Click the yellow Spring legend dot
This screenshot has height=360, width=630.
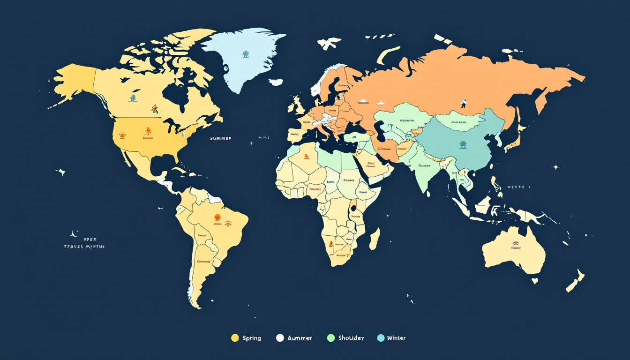[235, 338]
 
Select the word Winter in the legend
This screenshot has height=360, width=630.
[396, 338]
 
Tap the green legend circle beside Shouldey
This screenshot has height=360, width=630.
[331, 338]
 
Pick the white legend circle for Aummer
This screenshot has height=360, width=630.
[280, 338]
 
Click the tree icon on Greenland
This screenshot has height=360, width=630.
[246, 54]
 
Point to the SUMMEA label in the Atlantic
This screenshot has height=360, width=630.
[221, 139]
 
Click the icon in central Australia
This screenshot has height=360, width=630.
[515, 243]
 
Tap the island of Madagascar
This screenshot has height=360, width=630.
[375, 239]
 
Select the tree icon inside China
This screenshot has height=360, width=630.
[463, 145]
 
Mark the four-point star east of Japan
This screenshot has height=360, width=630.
[555, 167]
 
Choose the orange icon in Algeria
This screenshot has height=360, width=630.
[306, 157]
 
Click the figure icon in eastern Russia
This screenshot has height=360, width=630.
[464, 103]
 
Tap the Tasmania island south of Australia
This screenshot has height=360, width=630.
[534, 281]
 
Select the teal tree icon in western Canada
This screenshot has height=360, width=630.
[133, 98]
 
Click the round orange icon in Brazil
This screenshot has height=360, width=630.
[217, 217]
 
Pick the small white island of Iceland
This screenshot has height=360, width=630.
[276, 82]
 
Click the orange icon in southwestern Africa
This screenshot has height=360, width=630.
[331, 244]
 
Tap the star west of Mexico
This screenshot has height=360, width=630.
[61, 172]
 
